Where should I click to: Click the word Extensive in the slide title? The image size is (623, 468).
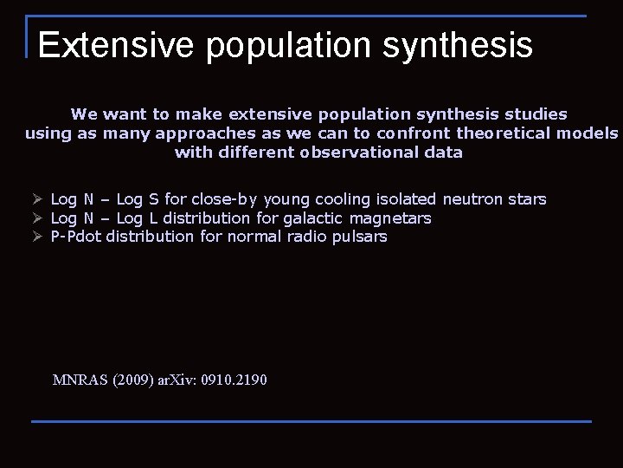(116, 45)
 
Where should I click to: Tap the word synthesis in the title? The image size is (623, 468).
(458, 45)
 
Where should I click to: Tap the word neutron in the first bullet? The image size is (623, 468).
(473, 199)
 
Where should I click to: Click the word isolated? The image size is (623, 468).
(406, 199)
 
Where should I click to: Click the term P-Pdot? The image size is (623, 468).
(76, 237)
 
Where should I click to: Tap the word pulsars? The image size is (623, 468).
(359, 237)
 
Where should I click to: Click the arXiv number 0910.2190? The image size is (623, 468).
(234, 380)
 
